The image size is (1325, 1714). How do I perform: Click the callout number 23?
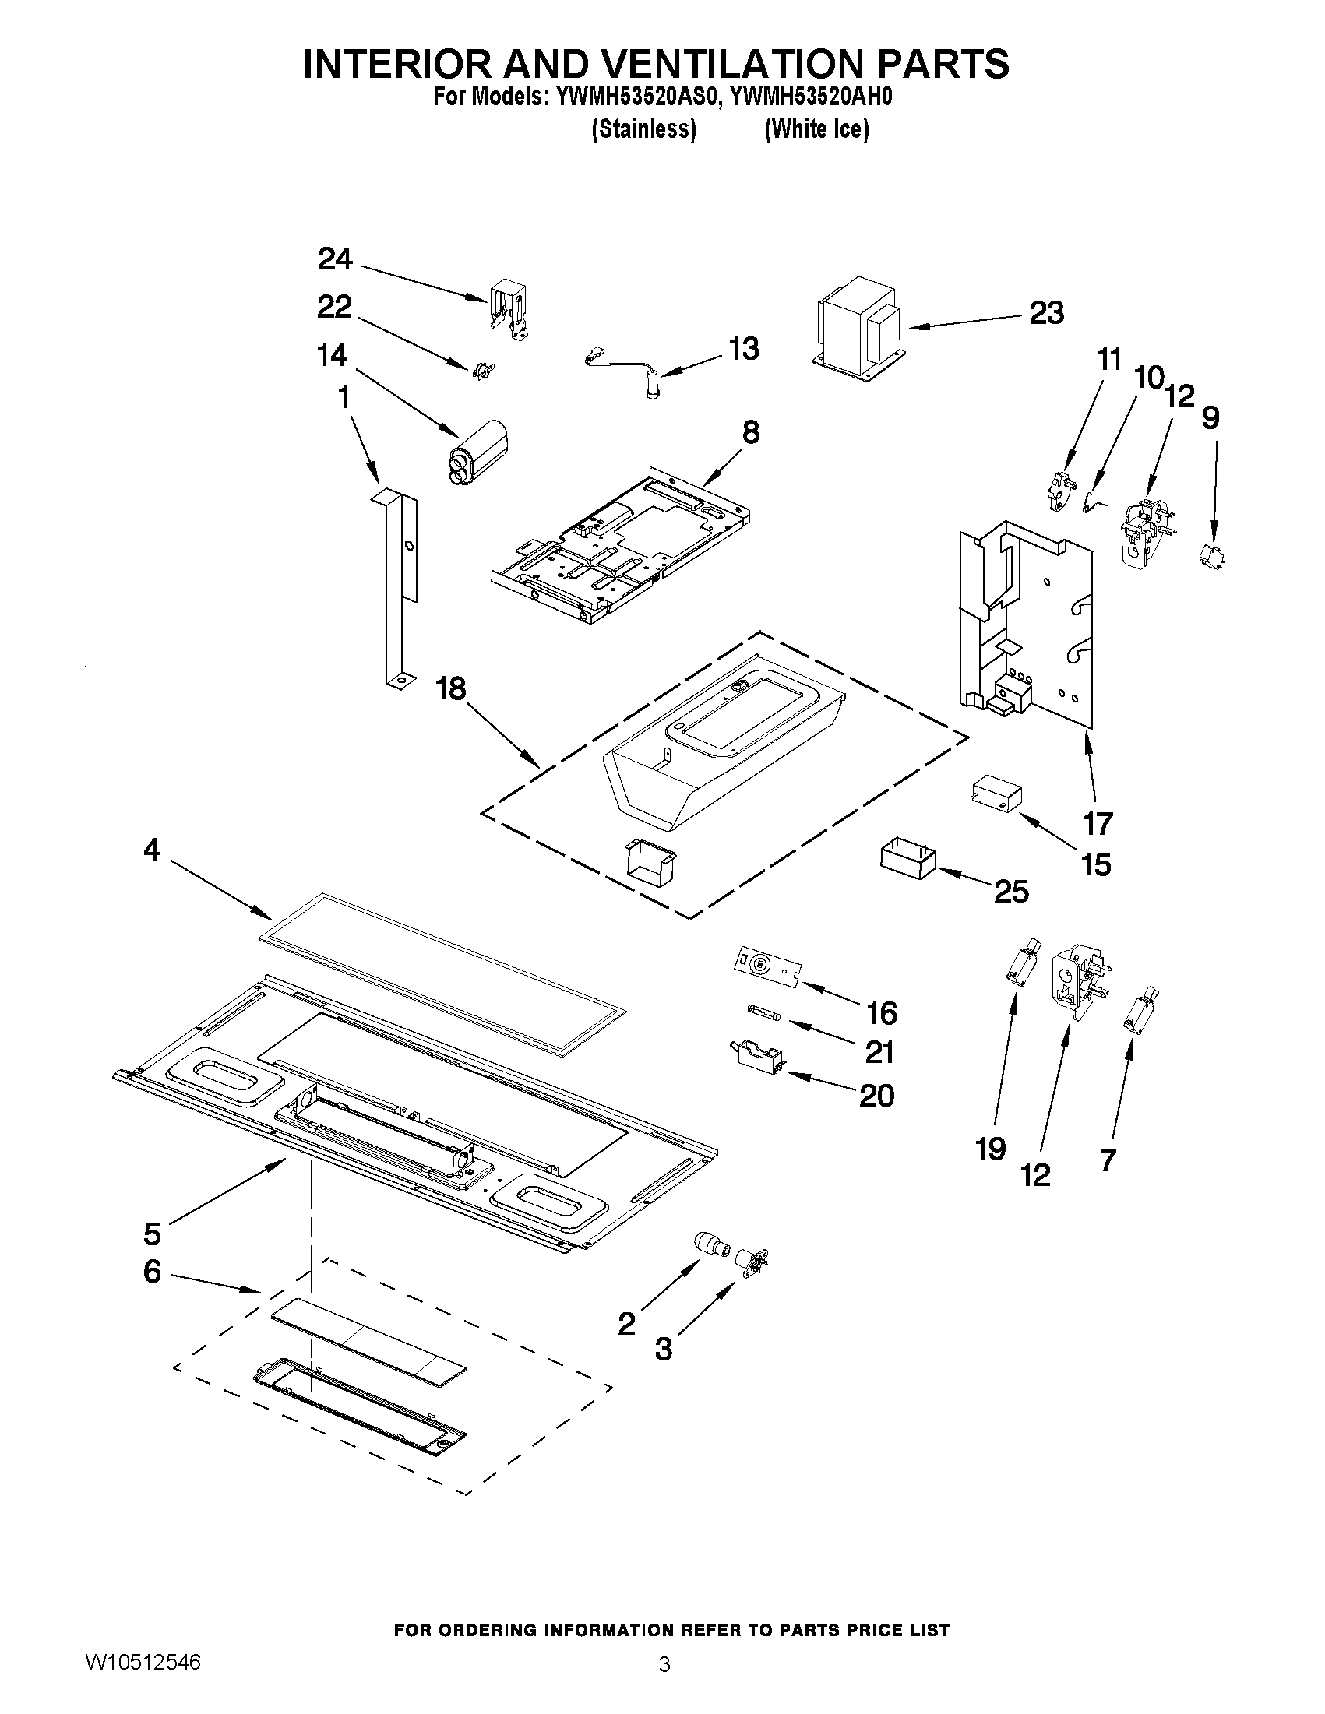(x=1046, y=313)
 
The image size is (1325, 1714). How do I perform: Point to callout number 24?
(x=334, y=259)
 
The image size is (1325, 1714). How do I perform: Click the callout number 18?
(x=451, y=689)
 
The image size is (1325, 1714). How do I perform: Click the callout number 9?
(x=1210, y=417)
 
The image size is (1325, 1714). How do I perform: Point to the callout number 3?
(x=664, y=1349)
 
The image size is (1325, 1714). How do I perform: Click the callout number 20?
(x=876, y=1096)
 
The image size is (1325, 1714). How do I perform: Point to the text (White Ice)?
(x=816, y=128)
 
